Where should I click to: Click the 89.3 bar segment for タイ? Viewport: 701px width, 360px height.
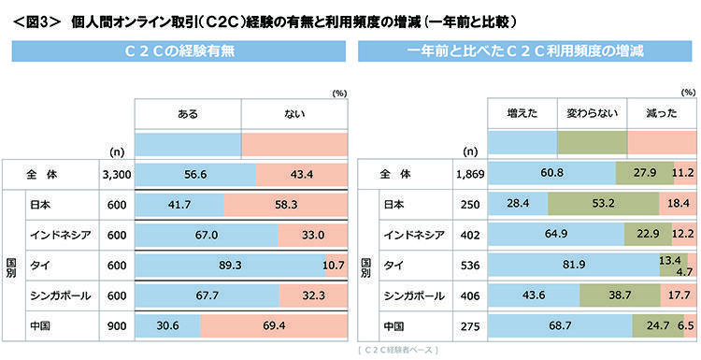coord(230,266)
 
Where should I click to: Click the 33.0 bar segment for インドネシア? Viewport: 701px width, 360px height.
coord(312,235)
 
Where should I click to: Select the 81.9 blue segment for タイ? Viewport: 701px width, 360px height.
coord(574,266)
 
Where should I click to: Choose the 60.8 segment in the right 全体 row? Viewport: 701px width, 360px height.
coord(551,173)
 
